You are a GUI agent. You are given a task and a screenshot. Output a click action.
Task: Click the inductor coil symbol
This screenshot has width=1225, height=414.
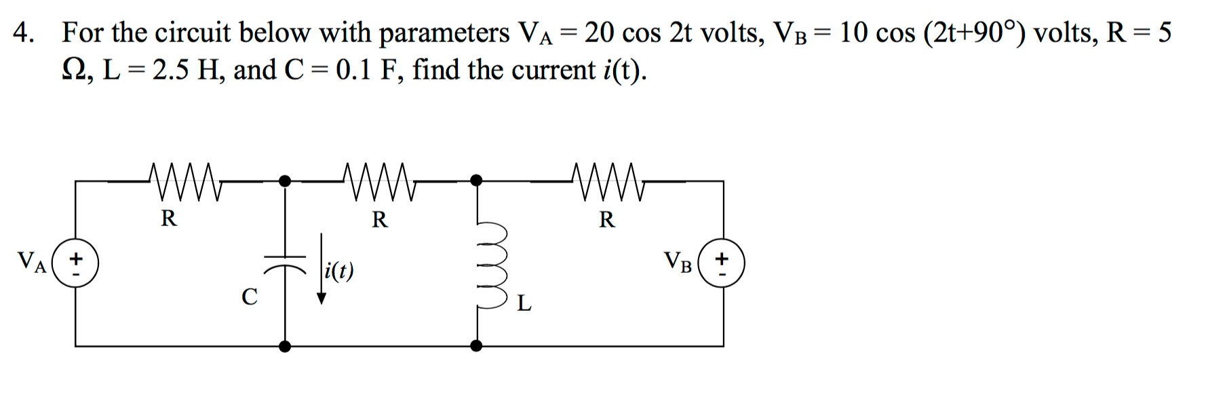click(490, 266)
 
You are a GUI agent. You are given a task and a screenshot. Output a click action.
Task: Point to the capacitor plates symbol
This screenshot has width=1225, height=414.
click(285, 263)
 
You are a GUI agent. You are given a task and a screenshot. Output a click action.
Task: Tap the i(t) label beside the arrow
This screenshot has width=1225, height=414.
click(339, 271)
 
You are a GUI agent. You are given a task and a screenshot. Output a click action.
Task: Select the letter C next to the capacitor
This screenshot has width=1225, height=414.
click(250, 297)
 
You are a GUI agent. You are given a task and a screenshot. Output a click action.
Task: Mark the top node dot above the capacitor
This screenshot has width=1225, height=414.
click(286, 181)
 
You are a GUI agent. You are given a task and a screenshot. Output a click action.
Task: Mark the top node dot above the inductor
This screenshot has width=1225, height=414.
click(477, 181)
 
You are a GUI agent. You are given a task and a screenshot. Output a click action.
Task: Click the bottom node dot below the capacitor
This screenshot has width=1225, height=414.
click(286, 346)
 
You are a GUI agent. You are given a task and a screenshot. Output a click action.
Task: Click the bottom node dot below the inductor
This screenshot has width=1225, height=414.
click(477, 346)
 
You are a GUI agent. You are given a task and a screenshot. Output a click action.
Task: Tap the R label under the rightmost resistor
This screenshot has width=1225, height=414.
click(607, 219)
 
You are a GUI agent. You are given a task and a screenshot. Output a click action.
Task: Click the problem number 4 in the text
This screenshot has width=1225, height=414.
click(22, 32)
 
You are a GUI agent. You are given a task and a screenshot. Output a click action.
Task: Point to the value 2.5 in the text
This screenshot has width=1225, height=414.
click(170, 69)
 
